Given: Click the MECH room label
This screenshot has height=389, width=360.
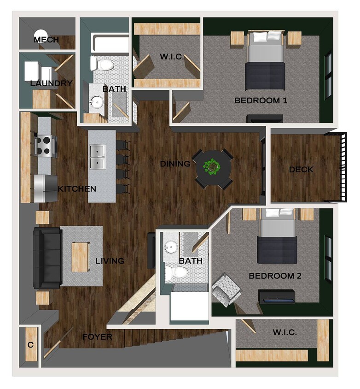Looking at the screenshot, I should pos(46,40).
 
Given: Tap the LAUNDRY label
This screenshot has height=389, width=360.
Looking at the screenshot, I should pos(51,83).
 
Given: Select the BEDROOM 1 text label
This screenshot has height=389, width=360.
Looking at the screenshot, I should pos(261,100).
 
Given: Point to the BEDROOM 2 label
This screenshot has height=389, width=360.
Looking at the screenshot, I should pos(275,276).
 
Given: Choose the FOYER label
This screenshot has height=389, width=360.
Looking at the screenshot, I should pos(97,337).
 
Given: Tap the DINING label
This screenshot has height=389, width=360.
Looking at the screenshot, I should pos(175,164).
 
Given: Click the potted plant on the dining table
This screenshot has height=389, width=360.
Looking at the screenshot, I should pos(212,166).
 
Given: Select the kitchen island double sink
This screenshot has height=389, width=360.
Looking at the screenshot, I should pos(98,157).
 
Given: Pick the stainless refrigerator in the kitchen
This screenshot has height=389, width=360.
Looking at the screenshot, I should pos(45,189).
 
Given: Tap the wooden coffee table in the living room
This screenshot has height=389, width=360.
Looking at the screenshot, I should pos(80,257).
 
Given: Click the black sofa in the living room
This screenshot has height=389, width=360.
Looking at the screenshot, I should pos(46,257).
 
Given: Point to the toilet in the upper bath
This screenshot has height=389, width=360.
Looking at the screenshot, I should pos(103,64).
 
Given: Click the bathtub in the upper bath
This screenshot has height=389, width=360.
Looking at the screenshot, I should pos(111,44).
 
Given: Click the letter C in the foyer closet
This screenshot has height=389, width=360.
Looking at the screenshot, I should pos(30,345).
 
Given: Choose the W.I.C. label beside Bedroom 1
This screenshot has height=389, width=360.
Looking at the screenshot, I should pos(172,57).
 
